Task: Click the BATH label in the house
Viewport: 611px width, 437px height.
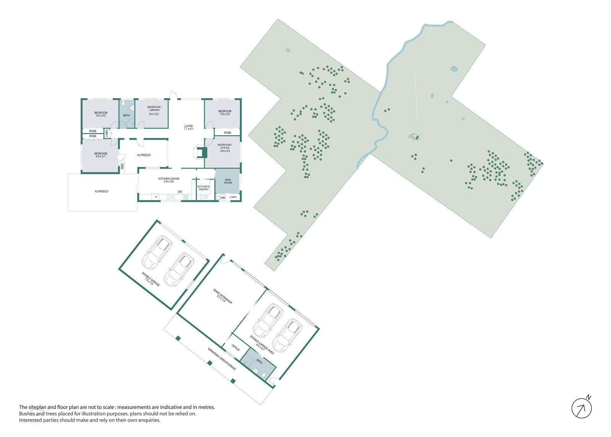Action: click(x=126, y=115)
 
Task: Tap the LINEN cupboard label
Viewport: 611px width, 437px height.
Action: click(x=107, y=133)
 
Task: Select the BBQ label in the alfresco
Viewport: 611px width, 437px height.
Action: click(x=122, y=166)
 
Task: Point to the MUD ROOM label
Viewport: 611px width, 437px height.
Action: click(x=228, y=181)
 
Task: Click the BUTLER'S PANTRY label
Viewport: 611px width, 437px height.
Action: click(x=204, y=188)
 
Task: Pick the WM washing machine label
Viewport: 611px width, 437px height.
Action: click(x=223, y=198)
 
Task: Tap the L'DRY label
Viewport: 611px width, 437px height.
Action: click(x=233, y=197)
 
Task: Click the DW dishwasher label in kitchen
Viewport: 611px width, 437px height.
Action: click(x=180, y=192)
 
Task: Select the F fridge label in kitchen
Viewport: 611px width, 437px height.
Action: click(x=156, y=197)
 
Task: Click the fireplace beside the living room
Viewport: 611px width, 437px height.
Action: click(x=200, y=152)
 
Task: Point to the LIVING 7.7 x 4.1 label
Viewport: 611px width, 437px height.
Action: click(x=189, y=127)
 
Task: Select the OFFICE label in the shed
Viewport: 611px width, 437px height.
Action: click(x=236, y=348)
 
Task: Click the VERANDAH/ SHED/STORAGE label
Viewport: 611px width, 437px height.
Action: click(x=221, y=359)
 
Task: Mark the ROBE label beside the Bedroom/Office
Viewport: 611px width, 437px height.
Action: click(x=228, y=133)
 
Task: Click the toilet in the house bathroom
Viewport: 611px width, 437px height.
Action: click(x=123, y=103)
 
